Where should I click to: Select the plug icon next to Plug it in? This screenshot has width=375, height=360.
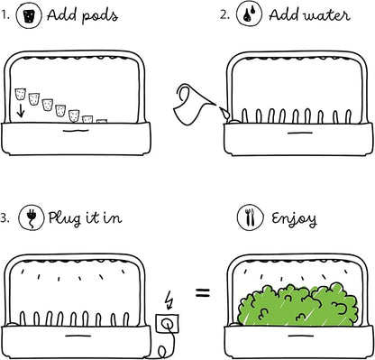(x=31, y=217)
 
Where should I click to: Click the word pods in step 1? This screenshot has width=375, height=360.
(x=98, y=16)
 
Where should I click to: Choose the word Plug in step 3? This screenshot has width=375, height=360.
(x=65, y=218)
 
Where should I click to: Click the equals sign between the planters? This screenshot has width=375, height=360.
(x=203, y=291)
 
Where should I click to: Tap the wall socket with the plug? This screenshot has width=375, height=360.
(x=166, y=321)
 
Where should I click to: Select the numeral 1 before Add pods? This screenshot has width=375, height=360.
(x=5, y=14)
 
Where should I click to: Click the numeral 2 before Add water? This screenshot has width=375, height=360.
(x=222, y=15)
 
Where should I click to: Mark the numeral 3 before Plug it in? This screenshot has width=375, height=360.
(x=5, y=217)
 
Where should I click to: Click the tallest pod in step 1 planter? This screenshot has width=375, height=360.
(x=21, y=94)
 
